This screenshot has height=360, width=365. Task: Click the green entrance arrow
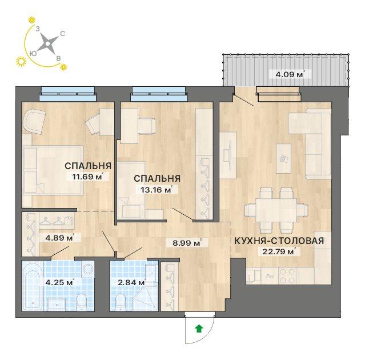[x=198, y=328]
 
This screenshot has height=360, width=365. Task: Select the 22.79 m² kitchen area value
[x=283, y=250]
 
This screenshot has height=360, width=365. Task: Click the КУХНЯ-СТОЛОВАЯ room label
[x=279, y=240]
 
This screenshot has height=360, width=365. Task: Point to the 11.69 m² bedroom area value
[x=87, y=177]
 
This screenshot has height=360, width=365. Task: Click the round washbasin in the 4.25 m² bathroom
[x=88, y=270]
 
